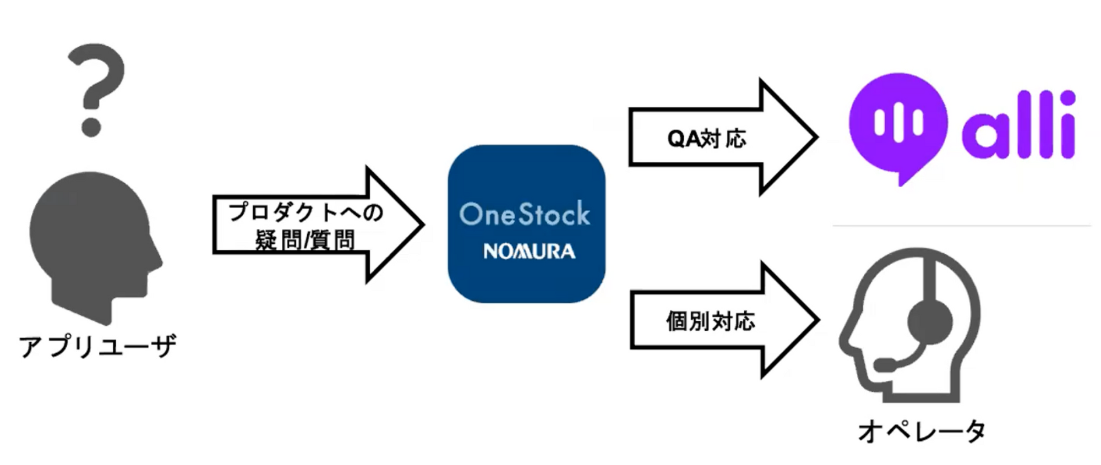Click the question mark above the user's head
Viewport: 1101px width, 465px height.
click(96, 90)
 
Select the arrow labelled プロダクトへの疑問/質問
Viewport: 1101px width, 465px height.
click(318, 225)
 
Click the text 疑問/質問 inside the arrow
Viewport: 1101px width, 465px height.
click(304, 240)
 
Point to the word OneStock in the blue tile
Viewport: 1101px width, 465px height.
click(525, 214)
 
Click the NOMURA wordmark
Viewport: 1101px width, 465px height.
click(529, 251)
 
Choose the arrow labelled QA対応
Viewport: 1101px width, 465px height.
click(723, 137)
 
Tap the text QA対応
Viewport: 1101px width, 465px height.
click(707, 138)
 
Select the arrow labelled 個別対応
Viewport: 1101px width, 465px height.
click(725, 320)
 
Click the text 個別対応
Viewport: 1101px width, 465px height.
click(710, 321)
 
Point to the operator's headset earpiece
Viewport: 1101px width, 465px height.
click(930, 322)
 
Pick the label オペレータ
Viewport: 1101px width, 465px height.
click(922, 431)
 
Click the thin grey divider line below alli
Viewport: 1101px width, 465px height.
click(961, 226)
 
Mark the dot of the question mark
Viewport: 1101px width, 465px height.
click(91, 127)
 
